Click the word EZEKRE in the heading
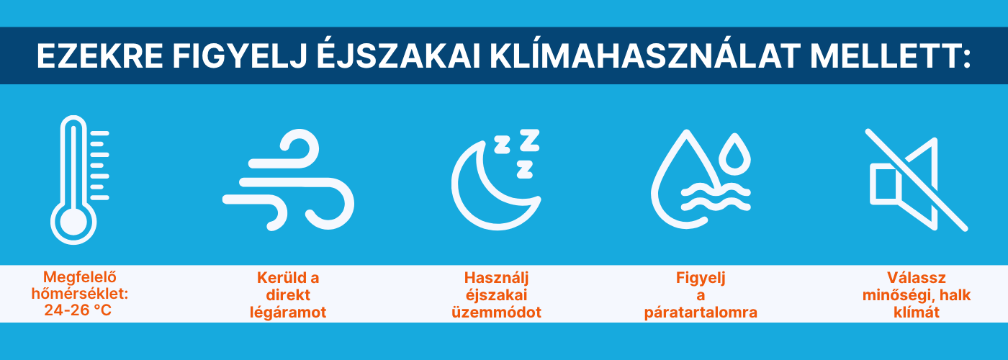pyautogui.click(x=99, y=56)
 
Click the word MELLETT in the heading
pyautogui.click(x=884, y=56)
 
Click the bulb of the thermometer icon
pyautogui.click(x=73, y=222)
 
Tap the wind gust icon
pyautogui.click(x=289, y=180)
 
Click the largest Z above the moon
pyautogui.click(x=530, y=140)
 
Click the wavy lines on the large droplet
pyautogui.click(x=716, y=198)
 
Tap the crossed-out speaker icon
pyautogui.click(x=916, y=180)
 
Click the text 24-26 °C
pyautogui.click(x=78, y=310)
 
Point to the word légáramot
pyautogui.click(x=288, y=312)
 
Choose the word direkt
pyautogui.click(x=288, y=295)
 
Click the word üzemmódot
pyautogui.click(x=496, y=312)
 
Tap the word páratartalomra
pyautogui.click(x=701, y=312)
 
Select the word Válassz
pyautogui.click(x=917, y=278)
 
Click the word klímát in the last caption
pyautogui.click(x=917, y=312)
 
